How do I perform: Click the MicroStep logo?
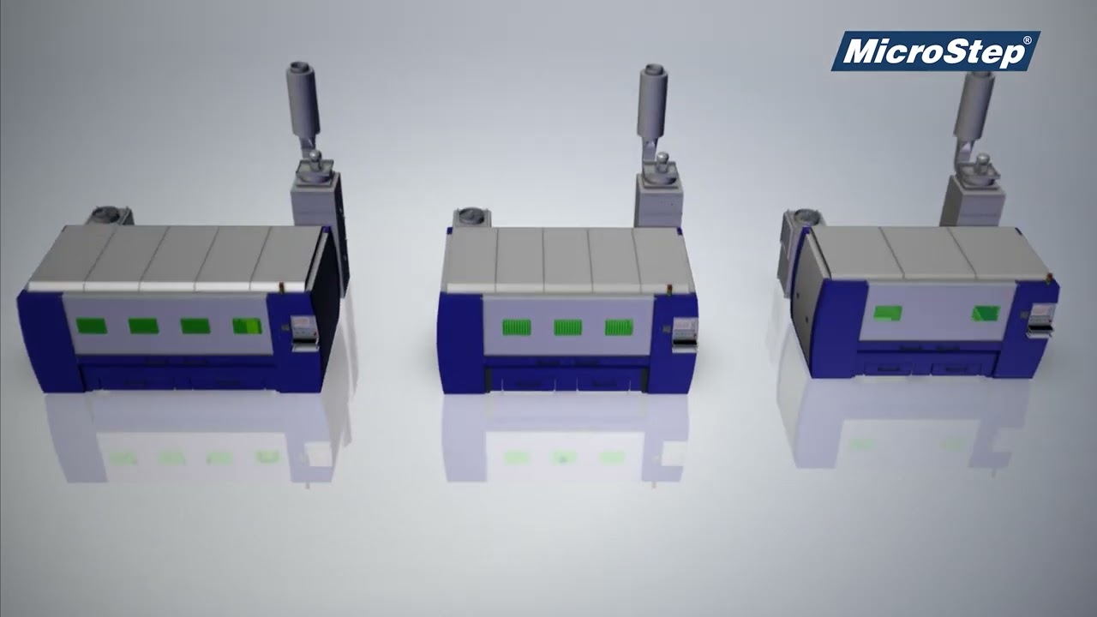click(935, 51)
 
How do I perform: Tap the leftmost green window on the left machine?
click(91, 326)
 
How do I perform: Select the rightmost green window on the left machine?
click(247, 326)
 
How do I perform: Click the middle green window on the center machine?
click(567, 326)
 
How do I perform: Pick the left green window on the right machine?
click(886, 313)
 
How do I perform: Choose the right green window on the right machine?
click(986, 314)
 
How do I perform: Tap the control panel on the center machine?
click(684, 332)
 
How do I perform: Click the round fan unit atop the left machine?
click(107, 214)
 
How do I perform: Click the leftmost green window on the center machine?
click(516, 326)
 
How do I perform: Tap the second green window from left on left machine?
click(143, 326)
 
